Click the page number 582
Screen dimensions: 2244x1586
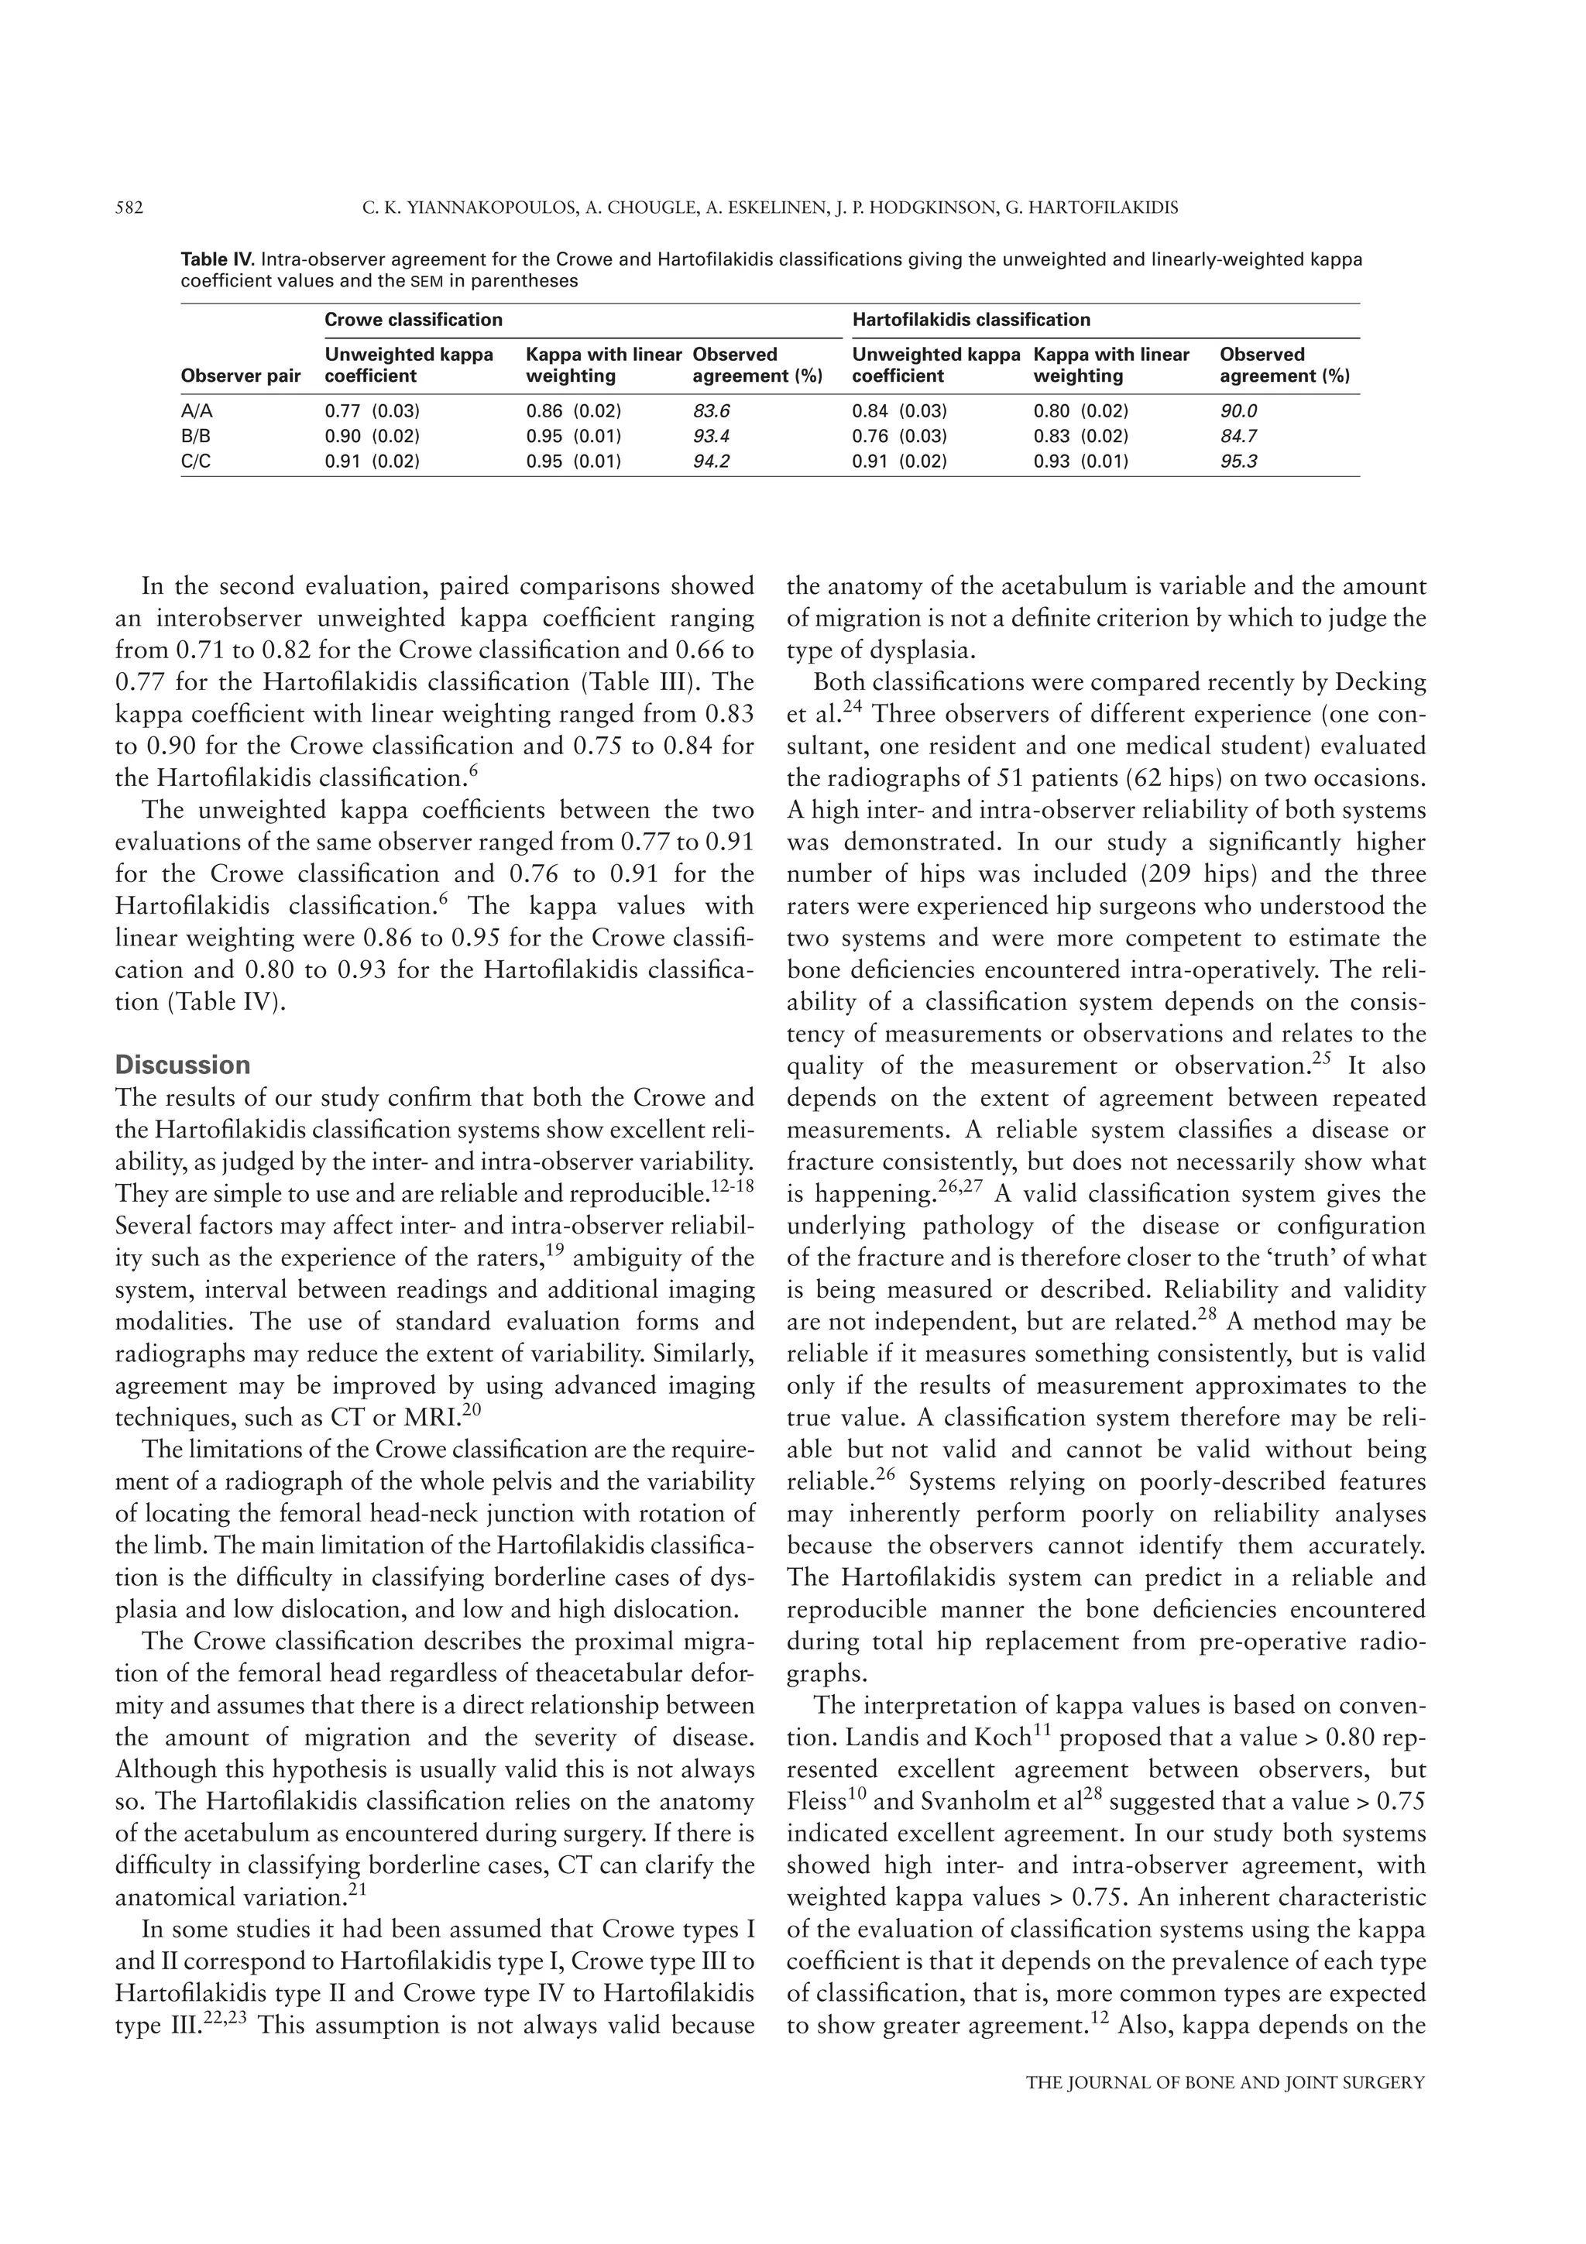click(x=130, y=208)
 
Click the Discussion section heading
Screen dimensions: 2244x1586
click(x=183, y=1065)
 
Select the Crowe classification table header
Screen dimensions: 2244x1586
click(x=414, y=320)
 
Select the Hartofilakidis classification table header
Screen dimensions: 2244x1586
click(x=971, y=320)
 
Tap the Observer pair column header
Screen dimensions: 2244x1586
click(x=240, y=376)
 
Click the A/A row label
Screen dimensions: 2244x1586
click(x=197, y=411)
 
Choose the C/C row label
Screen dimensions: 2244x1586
click(x=197, y=461)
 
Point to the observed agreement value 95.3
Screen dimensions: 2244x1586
click(x=1238, y=461)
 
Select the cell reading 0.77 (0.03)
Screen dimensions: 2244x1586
click(x=372, y=411)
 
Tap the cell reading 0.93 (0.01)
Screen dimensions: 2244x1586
click(x=1081, y=461)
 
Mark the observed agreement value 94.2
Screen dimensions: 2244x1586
click(x=712, y=461)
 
